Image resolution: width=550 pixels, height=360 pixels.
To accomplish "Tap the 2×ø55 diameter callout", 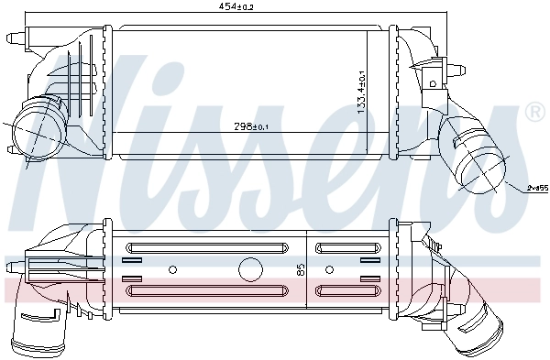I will click(536, 189).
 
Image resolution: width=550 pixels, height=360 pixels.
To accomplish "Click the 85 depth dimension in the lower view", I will click(299, 269).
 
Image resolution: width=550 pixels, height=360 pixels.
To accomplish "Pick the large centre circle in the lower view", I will click(249, 269).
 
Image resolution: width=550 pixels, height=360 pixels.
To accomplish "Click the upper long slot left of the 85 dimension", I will click(213, 247).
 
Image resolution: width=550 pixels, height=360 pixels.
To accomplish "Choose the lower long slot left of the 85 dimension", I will click(213, 290).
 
